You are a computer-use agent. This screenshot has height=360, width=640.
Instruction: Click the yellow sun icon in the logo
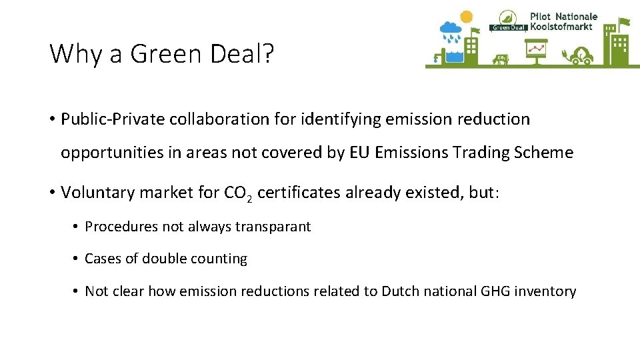coord(466,17)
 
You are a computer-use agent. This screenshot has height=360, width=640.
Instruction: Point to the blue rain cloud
coord(450,30)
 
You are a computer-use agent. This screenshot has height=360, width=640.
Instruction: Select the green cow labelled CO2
coord(501,60)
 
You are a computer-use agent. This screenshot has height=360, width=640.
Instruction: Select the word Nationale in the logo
coord(576,16)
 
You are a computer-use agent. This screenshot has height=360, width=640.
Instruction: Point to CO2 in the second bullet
coord(238,193)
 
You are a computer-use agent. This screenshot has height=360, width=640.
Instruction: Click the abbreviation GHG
coord(496,291)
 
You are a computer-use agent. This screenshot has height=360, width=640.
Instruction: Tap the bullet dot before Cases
coord(77,259)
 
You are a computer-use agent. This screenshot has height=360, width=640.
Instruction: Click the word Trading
coord(479,153)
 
